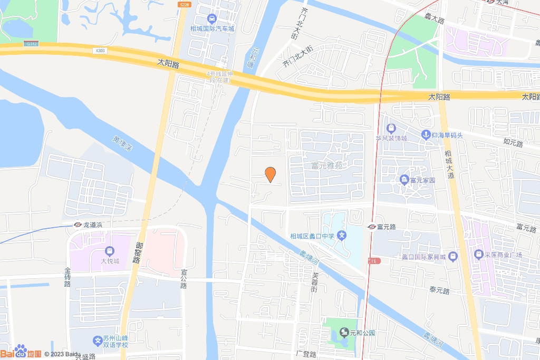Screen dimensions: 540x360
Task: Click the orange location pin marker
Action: point(270,174)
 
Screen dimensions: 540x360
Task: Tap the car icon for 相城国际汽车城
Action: point(211,18)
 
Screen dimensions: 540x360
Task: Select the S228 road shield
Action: point(184,4)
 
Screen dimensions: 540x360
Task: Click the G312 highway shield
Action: point(31,44)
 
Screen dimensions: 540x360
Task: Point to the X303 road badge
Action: point(101,51)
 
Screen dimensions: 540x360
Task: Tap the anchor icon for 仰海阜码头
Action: point(425,135)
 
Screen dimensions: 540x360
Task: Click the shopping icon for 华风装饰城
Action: point(391,128)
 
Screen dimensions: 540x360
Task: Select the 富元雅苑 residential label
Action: point(326,166)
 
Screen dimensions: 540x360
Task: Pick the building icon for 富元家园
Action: point(404,180)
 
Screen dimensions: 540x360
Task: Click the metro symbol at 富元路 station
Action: point(371,227)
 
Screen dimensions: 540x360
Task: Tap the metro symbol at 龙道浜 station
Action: point(77,225)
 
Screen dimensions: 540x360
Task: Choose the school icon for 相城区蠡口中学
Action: point(342,236)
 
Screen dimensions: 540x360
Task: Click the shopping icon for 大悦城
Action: point(110,251)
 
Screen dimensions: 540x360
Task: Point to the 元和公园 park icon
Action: point(344,332)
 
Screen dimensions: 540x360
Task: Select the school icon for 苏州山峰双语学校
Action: point(97,341)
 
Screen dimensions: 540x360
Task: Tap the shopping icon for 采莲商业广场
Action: point(479,255)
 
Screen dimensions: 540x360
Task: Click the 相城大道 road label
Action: point(450,163)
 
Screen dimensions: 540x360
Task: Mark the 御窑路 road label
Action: point(139,253)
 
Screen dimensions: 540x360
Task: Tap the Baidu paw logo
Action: point(21,352)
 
